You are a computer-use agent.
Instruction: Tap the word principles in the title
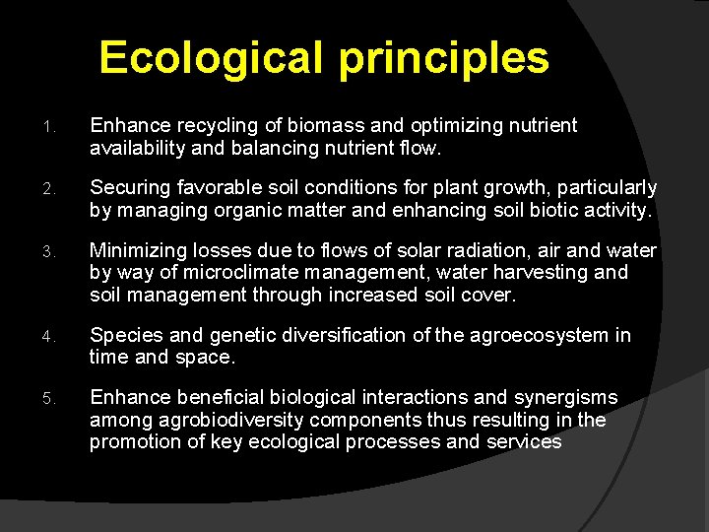(x=444, y=58)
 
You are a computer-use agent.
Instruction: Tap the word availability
(x=137, y=148)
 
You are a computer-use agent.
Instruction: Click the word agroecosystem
(x=540, y=336)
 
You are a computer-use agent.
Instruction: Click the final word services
(x=524, y=442)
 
